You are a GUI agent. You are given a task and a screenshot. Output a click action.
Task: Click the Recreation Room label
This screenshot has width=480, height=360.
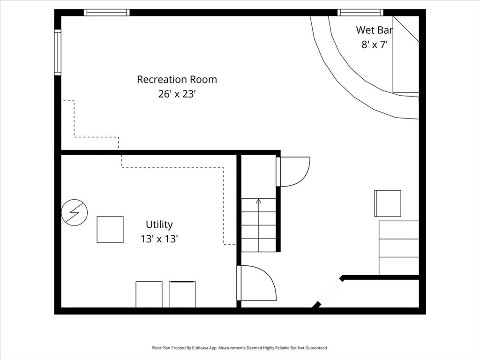[x=177, y=79]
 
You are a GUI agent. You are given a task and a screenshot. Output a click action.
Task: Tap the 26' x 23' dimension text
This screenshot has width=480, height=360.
[x=177, y=94]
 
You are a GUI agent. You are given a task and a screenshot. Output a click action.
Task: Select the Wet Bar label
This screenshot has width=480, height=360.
[x=375, y=30]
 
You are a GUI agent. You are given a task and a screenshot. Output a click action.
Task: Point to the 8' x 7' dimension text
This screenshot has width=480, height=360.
[x=375, y=45]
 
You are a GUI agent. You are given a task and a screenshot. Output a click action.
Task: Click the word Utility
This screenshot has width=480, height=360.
[x=159, y=225]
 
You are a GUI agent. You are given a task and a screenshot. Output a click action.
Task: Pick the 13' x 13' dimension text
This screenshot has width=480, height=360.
[x=159, y=239]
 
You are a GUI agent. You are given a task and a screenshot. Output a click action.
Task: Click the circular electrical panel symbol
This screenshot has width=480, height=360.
[x=75, y=212]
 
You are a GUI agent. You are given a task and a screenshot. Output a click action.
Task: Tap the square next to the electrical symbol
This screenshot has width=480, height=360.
[x=110, y=230]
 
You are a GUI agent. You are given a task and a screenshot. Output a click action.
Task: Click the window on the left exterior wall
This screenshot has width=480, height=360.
[x=58, y=52]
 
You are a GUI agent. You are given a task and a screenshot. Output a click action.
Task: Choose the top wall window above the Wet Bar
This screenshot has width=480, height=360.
[x=360, y=13]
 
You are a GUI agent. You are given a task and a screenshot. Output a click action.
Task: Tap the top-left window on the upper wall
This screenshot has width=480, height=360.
[x=107, y=13]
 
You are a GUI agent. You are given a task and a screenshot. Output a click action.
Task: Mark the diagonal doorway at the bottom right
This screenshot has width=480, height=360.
[x=329, y=292]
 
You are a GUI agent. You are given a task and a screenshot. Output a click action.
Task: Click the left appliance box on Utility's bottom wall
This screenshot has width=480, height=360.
[x=149, y=294]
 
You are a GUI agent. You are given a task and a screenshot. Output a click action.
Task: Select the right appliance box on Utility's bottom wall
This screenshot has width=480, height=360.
[x=182, y=294]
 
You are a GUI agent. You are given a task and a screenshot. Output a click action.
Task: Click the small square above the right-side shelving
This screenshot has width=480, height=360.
[x=388, y=203]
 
